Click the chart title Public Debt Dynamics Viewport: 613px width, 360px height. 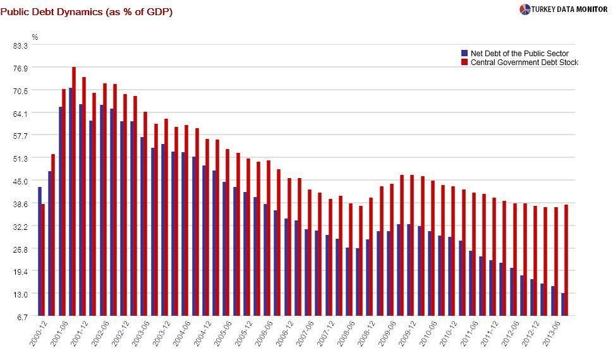tap(87, 12)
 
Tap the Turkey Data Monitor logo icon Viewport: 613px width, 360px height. tap(525, 9)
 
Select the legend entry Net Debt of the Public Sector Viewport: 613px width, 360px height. tap(519, 54)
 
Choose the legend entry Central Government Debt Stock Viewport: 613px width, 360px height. tap(524, 63)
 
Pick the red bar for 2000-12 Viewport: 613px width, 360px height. tap(43, 260)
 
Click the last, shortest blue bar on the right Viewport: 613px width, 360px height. tap(562, 304)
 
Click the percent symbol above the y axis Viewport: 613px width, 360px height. tap(35, 37)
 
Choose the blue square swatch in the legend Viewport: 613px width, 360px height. tap(464, 54)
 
